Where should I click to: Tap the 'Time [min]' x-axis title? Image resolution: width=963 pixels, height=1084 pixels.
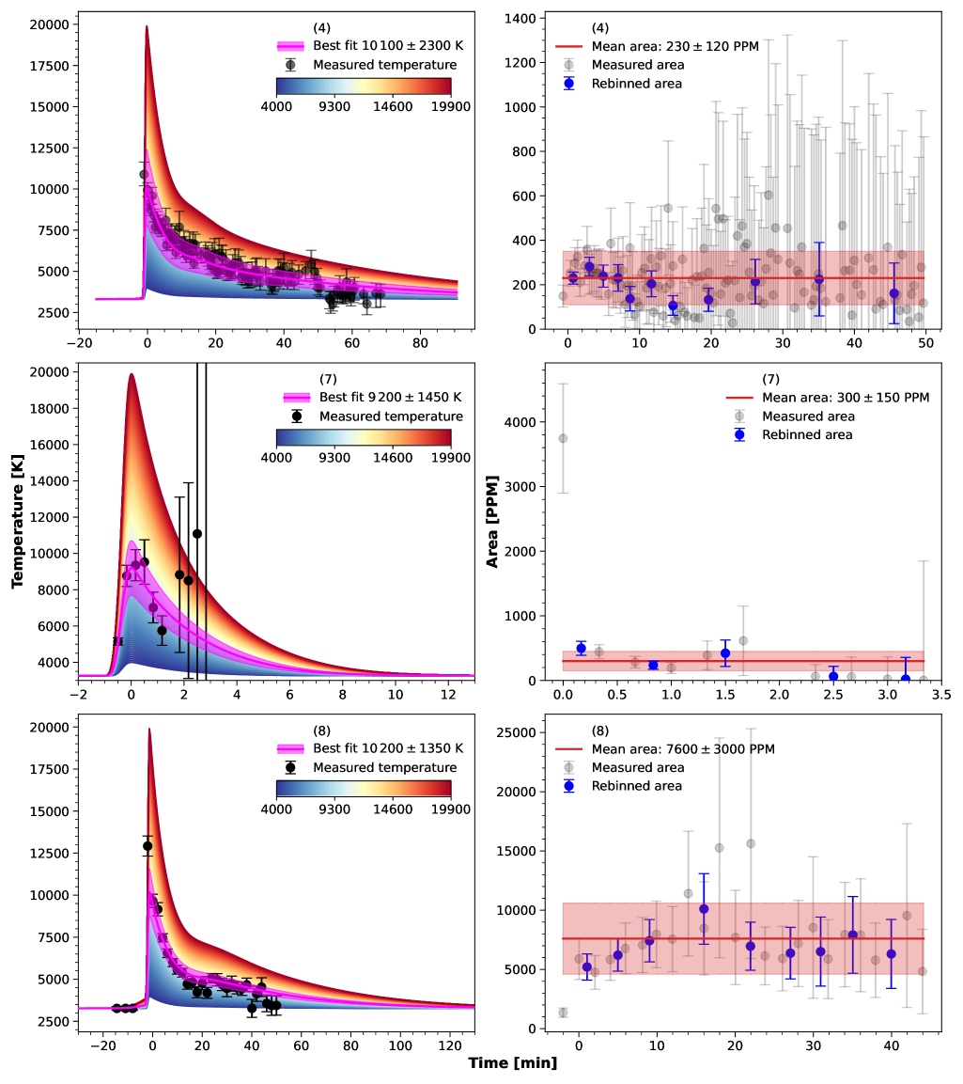click(x=513, y=1063)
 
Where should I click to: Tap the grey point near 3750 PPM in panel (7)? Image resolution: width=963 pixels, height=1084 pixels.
click(x=563, y=438)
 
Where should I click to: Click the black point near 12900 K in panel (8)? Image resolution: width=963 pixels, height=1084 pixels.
click(x=148, y=846)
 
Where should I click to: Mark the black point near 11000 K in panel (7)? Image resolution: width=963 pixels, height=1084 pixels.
click(x=197, y=534)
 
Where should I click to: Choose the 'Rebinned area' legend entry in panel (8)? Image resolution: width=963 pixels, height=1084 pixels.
click(x=637, y=785)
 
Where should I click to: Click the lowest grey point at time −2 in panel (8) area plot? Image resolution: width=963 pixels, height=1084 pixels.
click(x=563, y=1013)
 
